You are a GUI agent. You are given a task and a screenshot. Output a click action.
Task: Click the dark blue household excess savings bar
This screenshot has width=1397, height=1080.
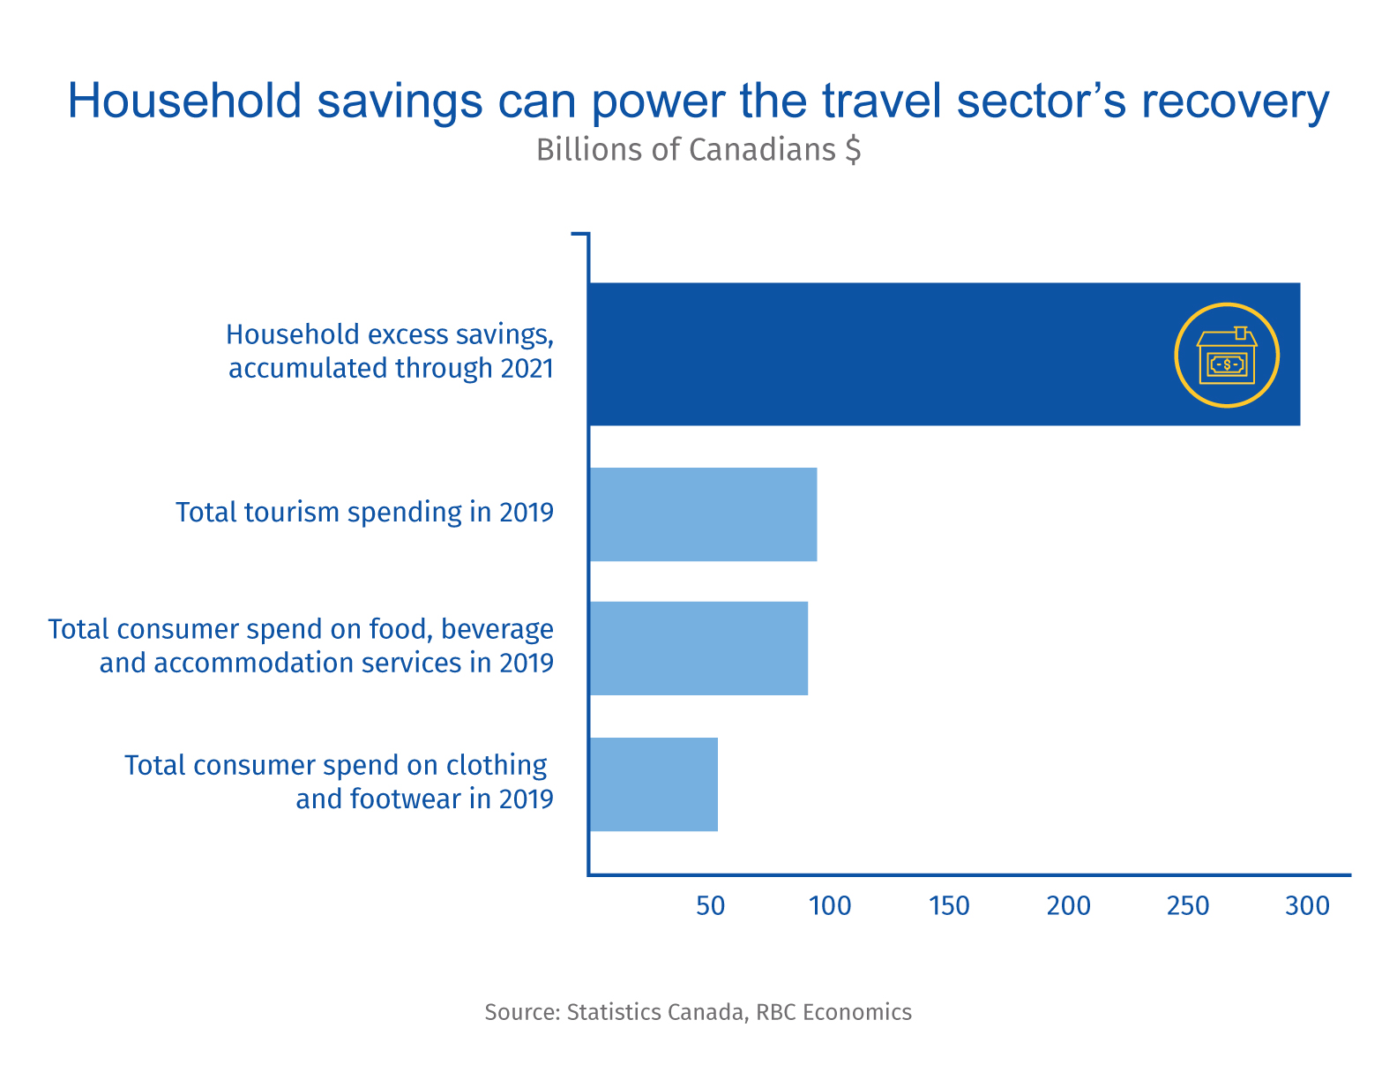882,354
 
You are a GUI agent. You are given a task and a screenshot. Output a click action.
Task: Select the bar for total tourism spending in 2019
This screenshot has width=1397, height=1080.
703,514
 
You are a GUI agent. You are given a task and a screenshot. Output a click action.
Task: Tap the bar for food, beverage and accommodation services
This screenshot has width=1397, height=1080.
698,649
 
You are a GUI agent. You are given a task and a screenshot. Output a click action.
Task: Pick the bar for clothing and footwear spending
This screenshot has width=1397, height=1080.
654,784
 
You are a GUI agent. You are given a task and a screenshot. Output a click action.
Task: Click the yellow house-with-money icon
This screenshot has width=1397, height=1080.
1226,356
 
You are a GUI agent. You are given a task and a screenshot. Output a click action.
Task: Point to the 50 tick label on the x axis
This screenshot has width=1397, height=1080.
711,906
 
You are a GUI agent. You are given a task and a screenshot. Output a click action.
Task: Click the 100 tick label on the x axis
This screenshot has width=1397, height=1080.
830,906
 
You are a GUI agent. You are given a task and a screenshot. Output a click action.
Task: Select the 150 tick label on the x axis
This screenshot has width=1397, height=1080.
949,906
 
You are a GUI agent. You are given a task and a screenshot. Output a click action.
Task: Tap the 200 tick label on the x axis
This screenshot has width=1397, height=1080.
1069,906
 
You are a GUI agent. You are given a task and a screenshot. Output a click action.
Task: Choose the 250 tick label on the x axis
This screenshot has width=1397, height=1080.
1188,906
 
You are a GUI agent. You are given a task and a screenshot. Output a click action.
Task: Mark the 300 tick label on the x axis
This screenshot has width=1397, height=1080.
1307,906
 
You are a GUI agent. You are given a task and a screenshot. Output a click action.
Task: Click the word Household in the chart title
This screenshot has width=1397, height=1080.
185,101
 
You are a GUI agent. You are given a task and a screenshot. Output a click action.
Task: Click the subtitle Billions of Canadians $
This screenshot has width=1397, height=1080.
698,150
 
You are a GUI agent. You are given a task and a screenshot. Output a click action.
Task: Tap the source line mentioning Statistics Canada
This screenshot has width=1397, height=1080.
698,1012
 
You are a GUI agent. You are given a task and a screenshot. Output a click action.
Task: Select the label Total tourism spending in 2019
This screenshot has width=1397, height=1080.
364,513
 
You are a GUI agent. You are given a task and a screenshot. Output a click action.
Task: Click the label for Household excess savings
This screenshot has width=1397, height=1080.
390,351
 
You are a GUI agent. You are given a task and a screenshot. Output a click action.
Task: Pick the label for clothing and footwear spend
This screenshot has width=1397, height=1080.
339,782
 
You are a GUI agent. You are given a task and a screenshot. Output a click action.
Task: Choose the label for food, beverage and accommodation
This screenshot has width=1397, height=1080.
301,646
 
